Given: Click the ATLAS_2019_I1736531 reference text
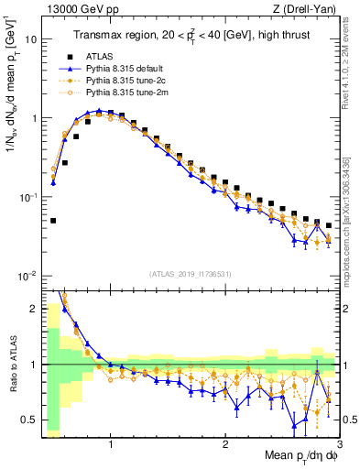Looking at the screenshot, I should (191, 274).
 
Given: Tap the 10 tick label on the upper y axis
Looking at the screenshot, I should (29, 40).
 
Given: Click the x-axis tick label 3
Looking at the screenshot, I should (338, 447).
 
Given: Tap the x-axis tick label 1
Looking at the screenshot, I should (111, 447).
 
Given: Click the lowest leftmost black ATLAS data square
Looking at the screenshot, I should (53, 221).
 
